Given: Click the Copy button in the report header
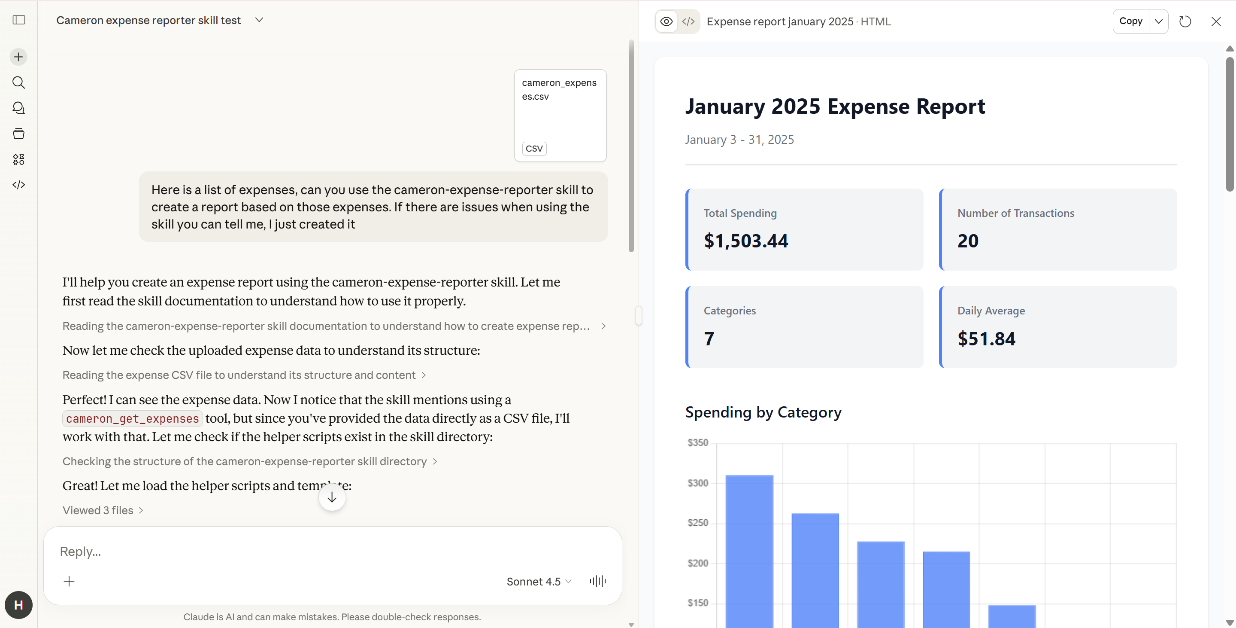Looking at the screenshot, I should (x=1130, y=21).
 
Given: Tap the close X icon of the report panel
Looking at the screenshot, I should (x=1216, y=21).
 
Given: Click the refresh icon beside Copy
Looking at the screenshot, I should (x=1185, y=21).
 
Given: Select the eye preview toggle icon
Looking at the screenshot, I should (x=666, y=21).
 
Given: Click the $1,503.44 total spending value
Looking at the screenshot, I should (x=745, y=241).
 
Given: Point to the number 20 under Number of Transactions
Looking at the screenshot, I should (x=968, y=241).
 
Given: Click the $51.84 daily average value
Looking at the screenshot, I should (x=986, y=339).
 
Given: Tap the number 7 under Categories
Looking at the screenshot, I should (x=709, y=339).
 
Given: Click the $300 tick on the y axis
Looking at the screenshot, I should (x=698, y=483).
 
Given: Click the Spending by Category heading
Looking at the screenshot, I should (x=763, y=412).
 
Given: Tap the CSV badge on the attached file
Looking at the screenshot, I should (x=534, y=148).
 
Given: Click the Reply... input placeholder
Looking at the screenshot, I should (x=81, y=552).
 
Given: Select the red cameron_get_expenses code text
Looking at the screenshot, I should (x=133, y=419).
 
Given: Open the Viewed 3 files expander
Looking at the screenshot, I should (x=103, y=510).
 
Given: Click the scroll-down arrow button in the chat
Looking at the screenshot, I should (x=332, y=498).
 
